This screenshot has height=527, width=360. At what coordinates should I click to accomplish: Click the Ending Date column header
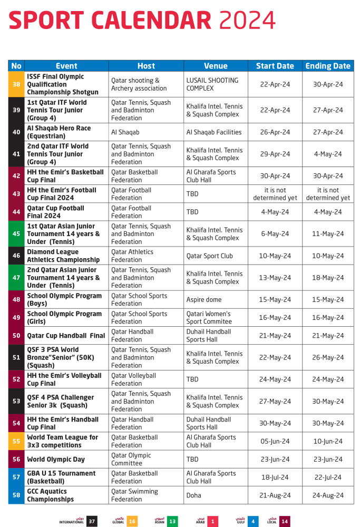coord(328,66)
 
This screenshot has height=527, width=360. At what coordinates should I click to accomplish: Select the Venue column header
coord(216,66)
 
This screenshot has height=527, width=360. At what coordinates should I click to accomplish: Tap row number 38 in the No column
coord(16,84)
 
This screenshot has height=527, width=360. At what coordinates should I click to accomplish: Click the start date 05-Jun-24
coord(275,442)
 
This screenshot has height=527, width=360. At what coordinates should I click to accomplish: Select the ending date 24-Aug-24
coord(328,495)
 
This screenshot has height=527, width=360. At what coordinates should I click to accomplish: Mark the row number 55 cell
coord(16,442)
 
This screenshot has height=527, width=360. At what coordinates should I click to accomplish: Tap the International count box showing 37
coord(92,521)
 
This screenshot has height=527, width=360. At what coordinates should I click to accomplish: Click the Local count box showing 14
coord(285,521)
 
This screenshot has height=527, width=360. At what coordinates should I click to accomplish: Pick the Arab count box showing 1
coord(212,521)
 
